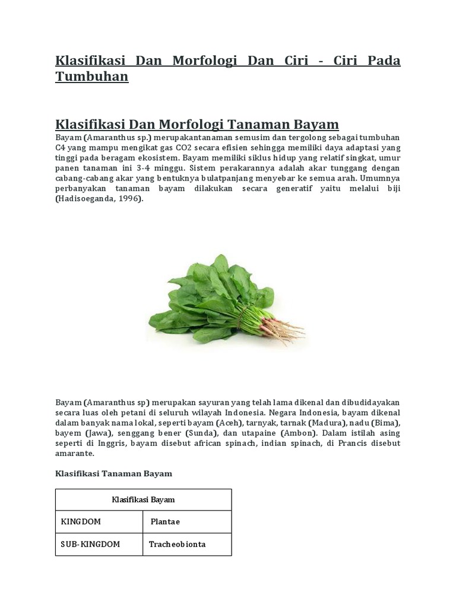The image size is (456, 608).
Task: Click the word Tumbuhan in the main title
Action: click(91, 77)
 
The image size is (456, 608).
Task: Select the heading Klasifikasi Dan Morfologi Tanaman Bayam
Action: click(197, 124)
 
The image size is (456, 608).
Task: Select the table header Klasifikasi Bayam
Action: click(143, 500)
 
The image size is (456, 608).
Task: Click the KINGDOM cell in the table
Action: click(81, 522)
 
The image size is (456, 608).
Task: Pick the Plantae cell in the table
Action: click(165, 522)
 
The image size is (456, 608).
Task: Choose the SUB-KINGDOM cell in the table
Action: click(90, 544)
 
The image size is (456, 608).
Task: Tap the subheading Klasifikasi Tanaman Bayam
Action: click(113, 473)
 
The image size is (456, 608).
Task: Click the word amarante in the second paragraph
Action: click(74, 453)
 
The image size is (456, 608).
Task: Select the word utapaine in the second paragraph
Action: click(252, 433)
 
